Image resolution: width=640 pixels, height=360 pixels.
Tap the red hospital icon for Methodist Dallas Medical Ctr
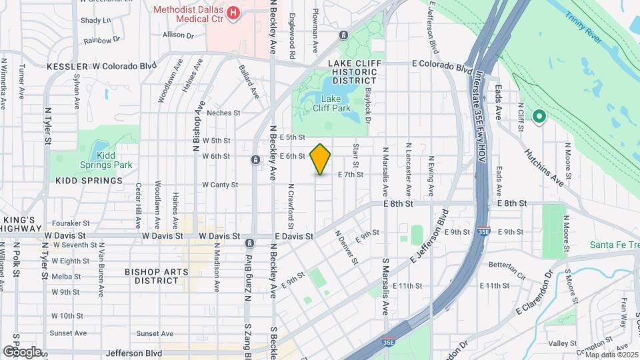click(x=233, y=12)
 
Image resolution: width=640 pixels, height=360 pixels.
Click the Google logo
click(x=22, y=351)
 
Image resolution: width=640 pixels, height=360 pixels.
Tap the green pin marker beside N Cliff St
click(x=539, y=117)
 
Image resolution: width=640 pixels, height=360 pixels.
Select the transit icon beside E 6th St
click(x=255, y=160)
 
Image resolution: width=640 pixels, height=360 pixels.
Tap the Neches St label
click(x=223, y=113)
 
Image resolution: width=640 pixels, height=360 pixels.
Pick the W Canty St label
click(x=219, y=185)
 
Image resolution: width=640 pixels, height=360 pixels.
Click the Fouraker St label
click(x=72, y=223)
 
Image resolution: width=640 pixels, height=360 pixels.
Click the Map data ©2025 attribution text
click(x=611, y=354)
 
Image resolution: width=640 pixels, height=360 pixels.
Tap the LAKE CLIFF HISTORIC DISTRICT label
click(x=353, y=71)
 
